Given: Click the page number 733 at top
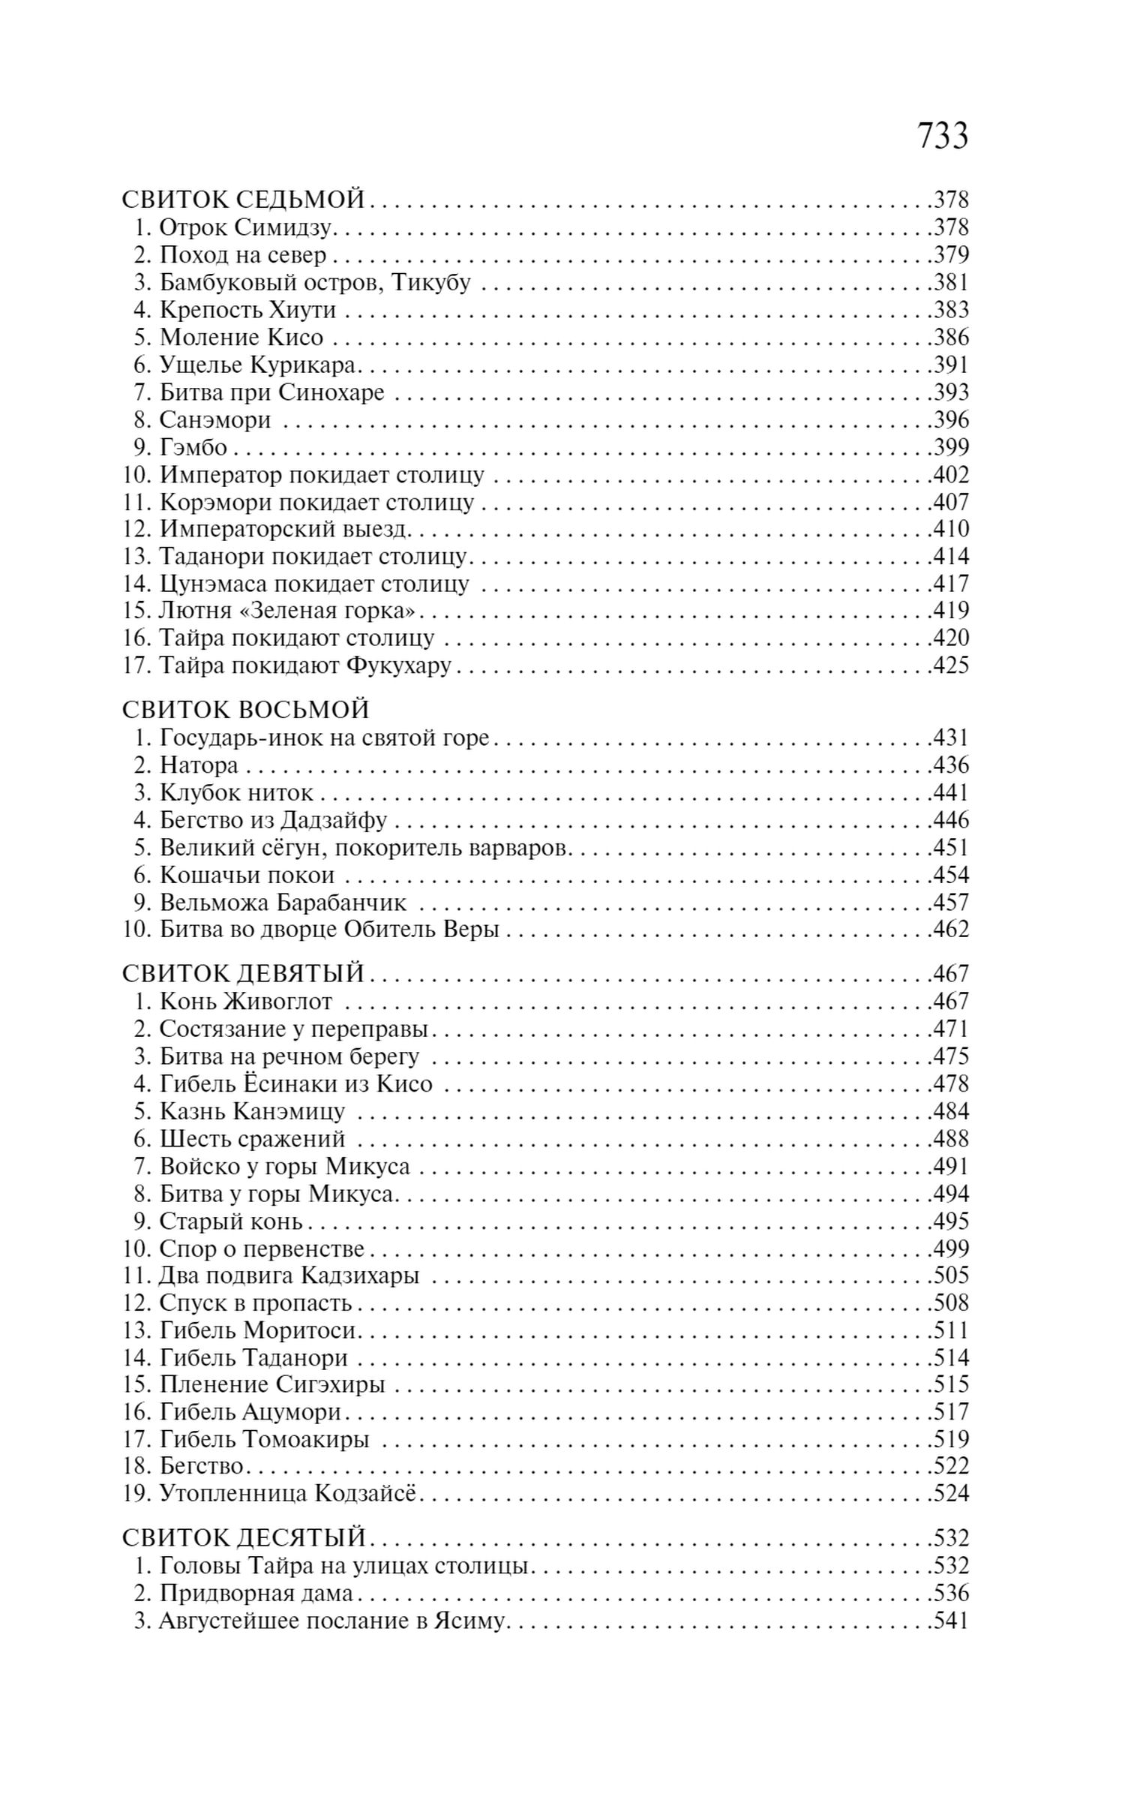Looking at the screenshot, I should (x=942, y=137).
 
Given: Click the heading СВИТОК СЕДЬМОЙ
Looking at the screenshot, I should (x=243, y=200).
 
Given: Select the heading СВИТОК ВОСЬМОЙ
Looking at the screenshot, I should (x=245, y=709).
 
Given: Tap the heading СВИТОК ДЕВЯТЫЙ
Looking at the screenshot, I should (x=243, y=973).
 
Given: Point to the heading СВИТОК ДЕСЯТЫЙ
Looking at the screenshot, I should (x=243, y=1537).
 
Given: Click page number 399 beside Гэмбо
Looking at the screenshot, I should (x=951, y=447).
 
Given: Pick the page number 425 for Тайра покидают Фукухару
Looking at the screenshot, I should (x=951, y=666).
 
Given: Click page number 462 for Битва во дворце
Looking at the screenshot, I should (x=951, y=930).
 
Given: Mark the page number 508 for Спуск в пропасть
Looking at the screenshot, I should (x=951, y=1303).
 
